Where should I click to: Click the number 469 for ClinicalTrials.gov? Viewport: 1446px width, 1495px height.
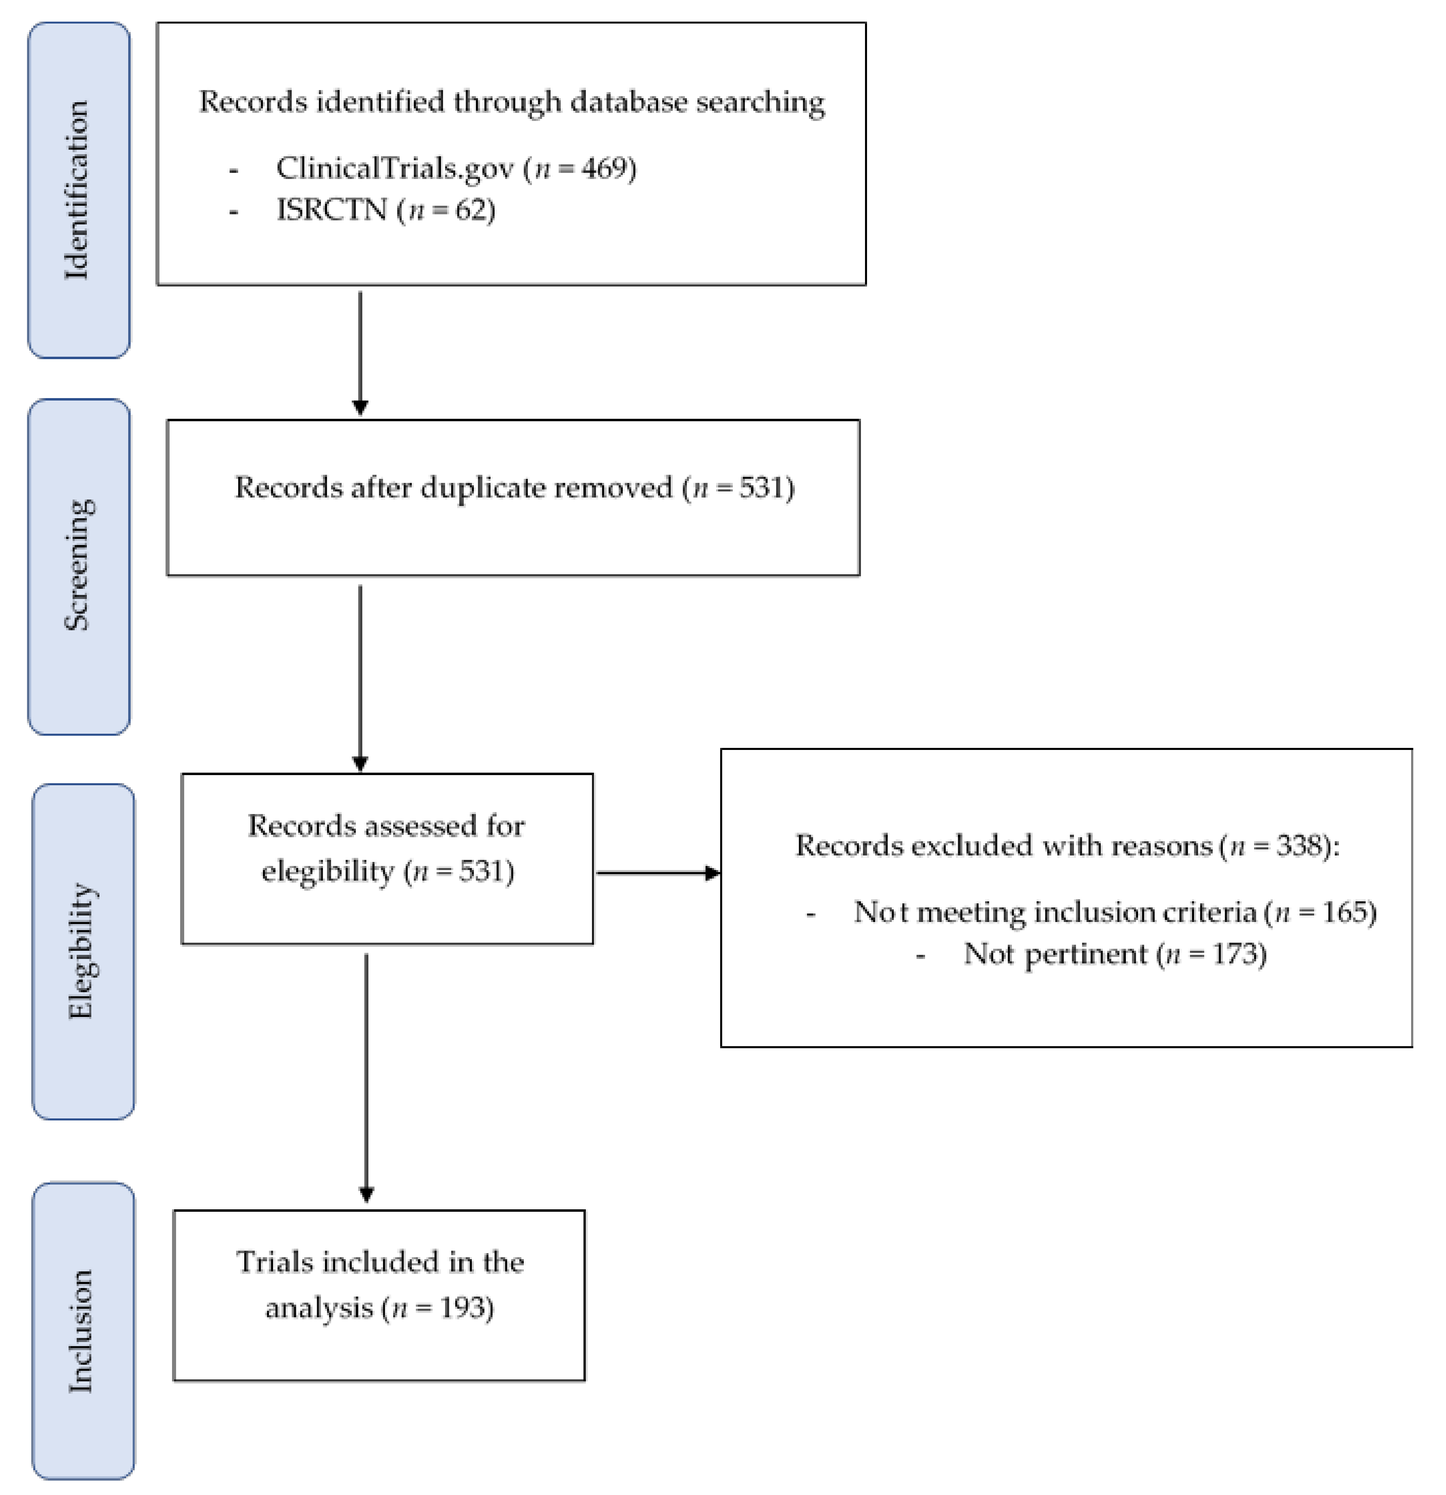pos(606,168)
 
